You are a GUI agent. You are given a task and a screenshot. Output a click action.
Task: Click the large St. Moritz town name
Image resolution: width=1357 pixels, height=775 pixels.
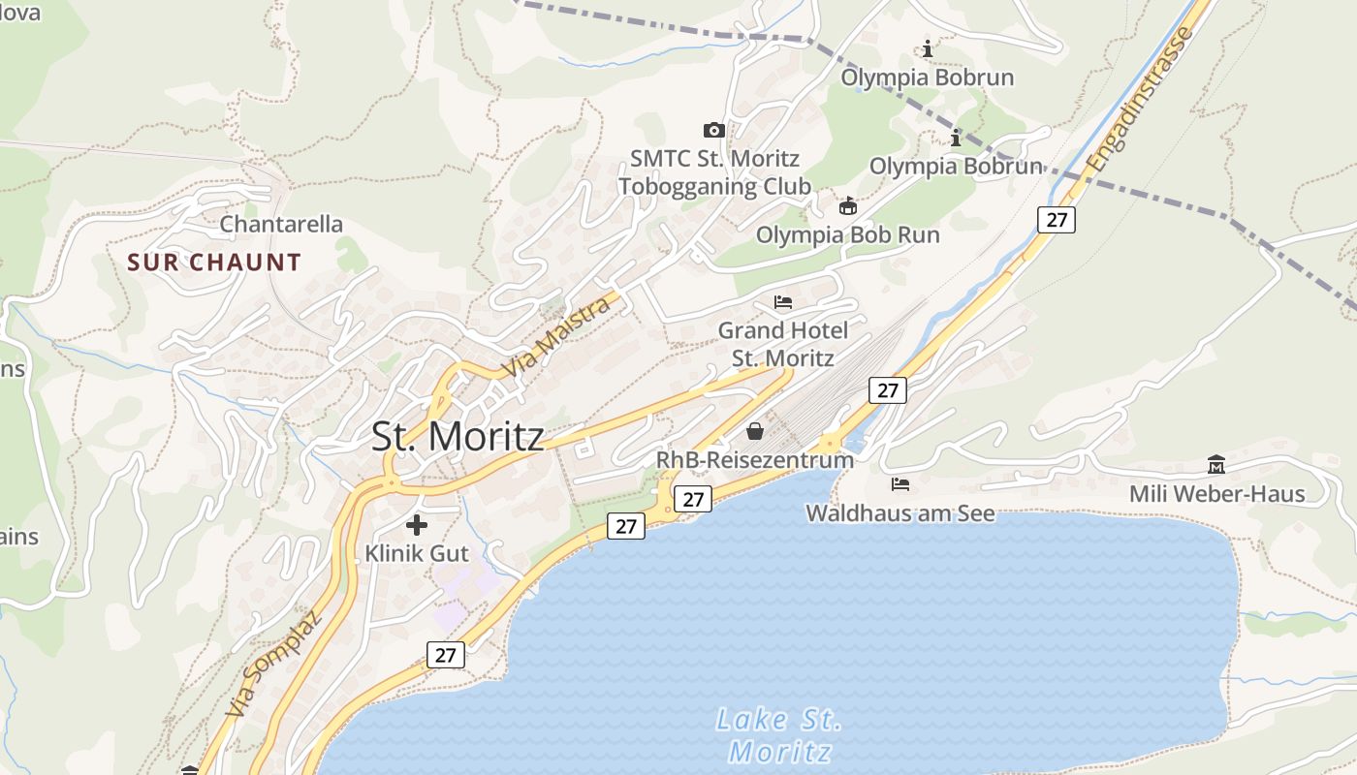point(458,436)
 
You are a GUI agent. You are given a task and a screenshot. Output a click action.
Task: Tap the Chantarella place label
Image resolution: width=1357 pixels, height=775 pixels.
point(281,224)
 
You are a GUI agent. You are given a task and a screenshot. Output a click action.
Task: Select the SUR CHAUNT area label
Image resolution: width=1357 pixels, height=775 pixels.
point(214,263)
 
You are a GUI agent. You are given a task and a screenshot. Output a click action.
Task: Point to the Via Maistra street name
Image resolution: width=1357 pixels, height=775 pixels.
point(558,337)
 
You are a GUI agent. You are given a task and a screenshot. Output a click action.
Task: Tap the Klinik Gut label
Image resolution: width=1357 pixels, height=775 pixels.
point(417,554)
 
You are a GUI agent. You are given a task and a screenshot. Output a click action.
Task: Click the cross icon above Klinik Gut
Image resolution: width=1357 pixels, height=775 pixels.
point(417,525)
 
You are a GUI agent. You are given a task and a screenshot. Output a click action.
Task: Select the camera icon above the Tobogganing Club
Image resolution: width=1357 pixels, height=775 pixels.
point(714,130)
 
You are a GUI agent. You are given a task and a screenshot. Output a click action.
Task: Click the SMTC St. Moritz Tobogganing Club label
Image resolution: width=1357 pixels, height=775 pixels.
point(714,171)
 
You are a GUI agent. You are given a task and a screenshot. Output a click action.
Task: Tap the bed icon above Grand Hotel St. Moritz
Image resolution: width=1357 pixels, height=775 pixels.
point(783,302)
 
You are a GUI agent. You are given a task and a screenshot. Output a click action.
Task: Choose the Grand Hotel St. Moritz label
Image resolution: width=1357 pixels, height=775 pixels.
point(783,344)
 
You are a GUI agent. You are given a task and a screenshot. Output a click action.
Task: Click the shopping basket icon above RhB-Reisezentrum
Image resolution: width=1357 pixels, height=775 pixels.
point(754,431)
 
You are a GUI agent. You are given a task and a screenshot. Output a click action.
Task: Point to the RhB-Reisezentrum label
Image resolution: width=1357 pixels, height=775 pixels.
point(755,459)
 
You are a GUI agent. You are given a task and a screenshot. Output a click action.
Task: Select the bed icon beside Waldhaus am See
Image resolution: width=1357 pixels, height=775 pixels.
point(900,483)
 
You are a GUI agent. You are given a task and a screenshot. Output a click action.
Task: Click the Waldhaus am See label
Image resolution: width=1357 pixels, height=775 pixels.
point(900,512)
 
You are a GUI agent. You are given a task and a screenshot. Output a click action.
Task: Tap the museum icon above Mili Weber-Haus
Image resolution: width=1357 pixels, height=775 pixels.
point(1216,465)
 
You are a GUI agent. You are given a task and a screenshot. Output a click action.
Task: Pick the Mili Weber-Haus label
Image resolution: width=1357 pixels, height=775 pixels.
point(1216,494)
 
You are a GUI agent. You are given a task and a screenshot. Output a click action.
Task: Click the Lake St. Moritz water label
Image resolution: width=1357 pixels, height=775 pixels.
point(779,735)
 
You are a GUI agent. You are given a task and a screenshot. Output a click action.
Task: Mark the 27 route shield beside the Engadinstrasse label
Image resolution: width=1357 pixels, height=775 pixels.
point(1057,220)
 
